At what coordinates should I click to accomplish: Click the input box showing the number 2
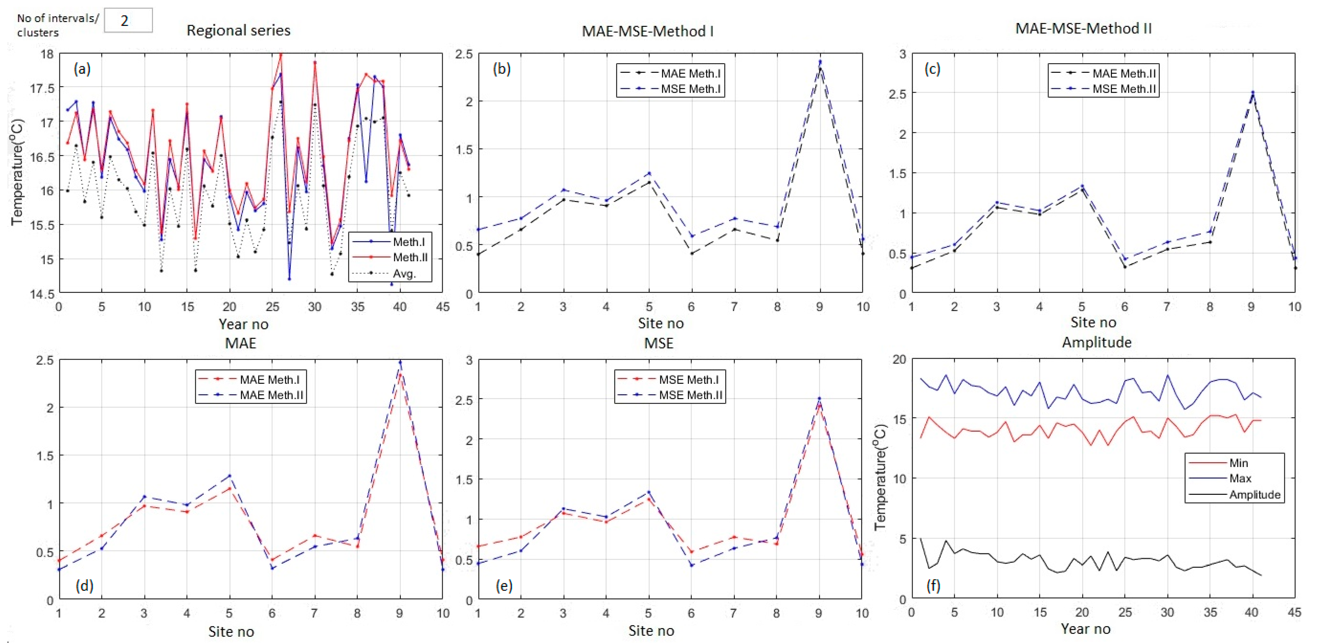[128, 21]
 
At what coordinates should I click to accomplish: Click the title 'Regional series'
[238, 30]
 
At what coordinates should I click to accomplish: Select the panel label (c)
[932, 69]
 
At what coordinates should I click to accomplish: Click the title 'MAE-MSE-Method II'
[1083, 28]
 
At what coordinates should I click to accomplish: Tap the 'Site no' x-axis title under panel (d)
[231, 631]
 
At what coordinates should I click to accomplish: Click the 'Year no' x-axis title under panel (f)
[1085, 629]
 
